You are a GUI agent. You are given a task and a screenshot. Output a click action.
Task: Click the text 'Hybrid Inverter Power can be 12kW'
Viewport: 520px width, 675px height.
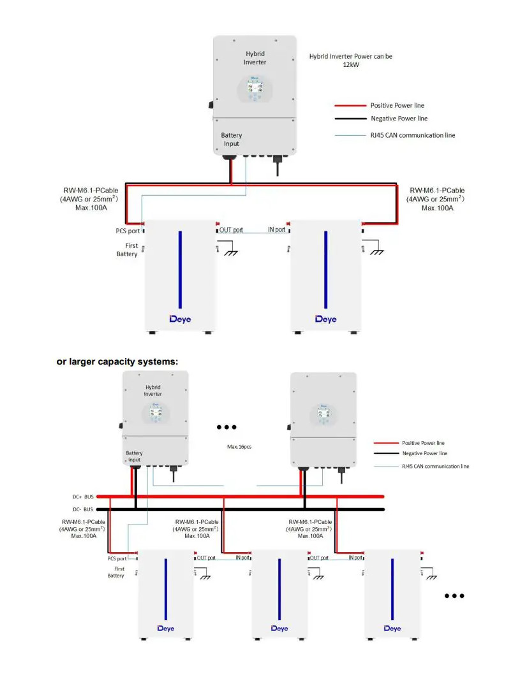(351, 61)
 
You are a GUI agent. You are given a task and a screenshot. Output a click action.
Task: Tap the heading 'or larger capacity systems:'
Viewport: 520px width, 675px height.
(117, 361)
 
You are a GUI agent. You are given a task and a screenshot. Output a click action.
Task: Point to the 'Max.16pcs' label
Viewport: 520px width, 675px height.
(239, 447)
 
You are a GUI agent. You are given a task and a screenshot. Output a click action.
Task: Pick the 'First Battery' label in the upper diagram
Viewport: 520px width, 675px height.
(127, 250)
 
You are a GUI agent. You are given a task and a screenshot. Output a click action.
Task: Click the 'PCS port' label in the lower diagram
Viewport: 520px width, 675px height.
(117, 558)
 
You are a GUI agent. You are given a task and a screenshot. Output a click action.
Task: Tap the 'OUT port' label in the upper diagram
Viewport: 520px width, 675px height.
(231, 229)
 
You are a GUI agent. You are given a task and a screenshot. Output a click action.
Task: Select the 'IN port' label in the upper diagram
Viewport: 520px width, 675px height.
(276, 229)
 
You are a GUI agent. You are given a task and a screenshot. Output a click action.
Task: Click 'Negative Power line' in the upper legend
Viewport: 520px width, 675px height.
(399, 119)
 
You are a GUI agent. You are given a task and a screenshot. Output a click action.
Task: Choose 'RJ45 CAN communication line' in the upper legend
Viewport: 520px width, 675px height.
(413, 135)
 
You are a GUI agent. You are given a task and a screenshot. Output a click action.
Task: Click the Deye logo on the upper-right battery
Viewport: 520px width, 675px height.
(325, 319)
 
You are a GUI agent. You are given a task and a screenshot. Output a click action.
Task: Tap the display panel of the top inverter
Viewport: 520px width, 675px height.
(255, 89)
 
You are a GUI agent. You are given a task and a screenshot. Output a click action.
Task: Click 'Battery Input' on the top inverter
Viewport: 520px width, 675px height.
(232, 140)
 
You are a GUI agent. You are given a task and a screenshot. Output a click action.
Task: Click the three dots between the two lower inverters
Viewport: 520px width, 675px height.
(227, 427)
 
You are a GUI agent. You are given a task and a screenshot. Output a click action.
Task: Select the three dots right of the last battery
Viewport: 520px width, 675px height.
(454, 596)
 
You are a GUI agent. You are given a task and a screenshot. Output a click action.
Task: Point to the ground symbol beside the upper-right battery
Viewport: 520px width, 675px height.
(377, 250)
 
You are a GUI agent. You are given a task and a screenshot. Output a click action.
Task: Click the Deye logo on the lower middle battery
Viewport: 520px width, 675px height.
(279, 628)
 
